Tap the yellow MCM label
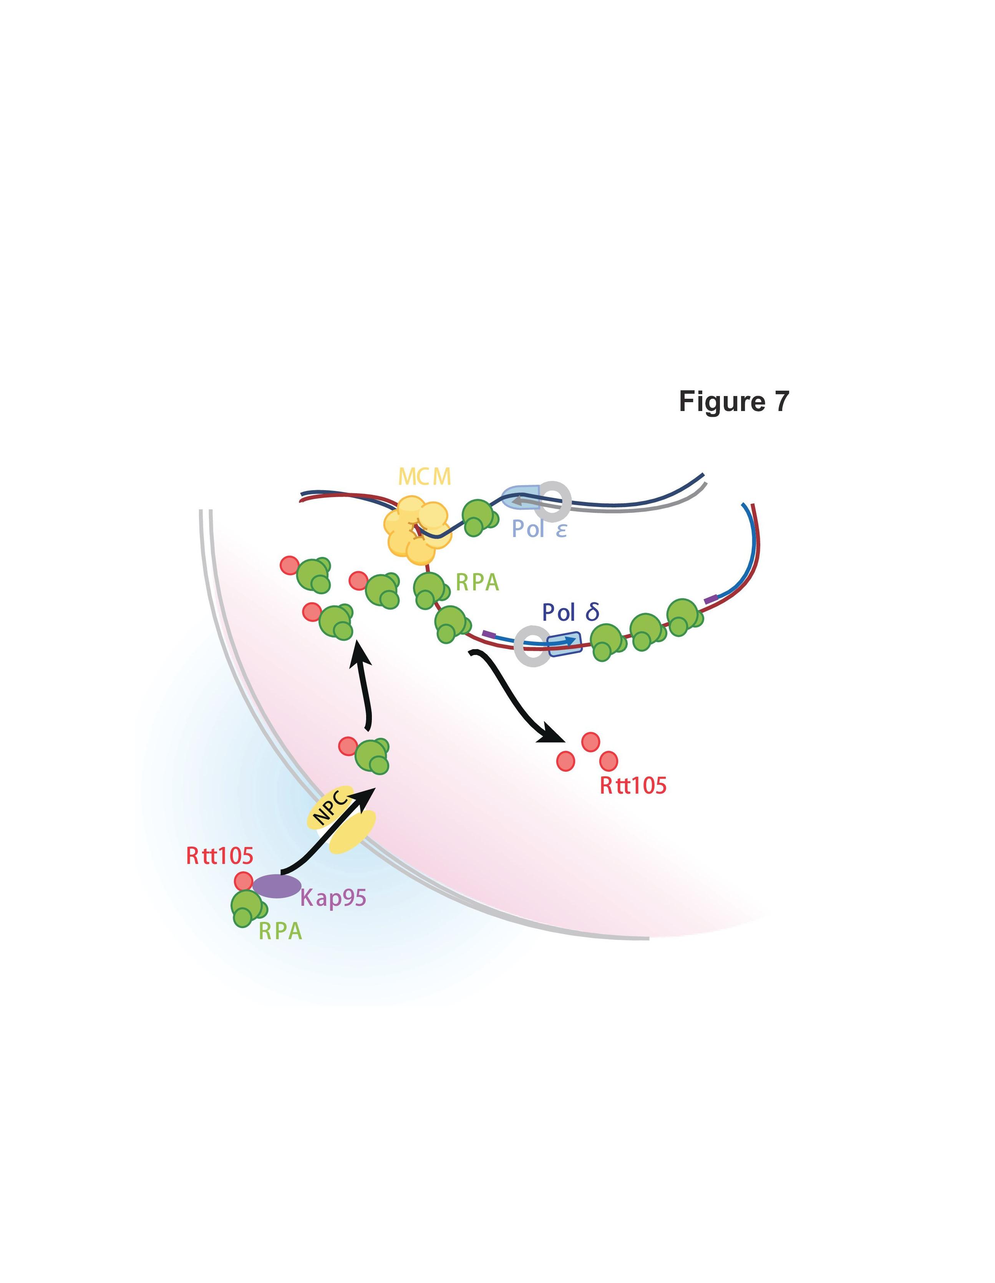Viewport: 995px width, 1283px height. pos(425,477)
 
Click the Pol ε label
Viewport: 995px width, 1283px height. pos(539,529)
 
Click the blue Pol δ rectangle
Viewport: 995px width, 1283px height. pos(564,644)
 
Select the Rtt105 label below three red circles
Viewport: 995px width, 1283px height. pos(633,786)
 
